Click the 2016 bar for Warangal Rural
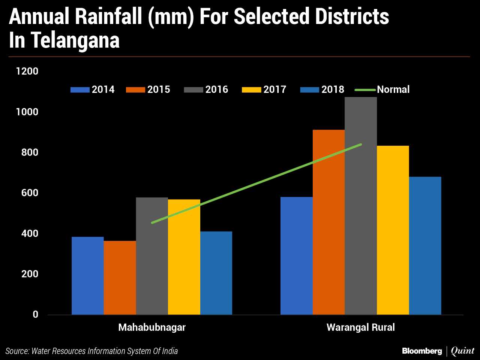pyautogui.click(x=360, y=206)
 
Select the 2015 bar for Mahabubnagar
pyautogui.click(x=120, y=278)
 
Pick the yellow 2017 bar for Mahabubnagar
pyautogui.click(x=184, y=257)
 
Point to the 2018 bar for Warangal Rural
pyautogui.click(x=425, y=246)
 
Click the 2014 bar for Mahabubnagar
pyautogui.click(x=87, y=276)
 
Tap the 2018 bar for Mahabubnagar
pyautogui.click(x=216, y=273)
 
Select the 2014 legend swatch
pyautogui.click(x=80, y=90)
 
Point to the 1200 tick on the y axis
pyautogui.click(x=27, y=71)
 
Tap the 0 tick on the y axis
pyautogui.click(x=35, y=315)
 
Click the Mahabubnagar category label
pyautogui.click(x=152, y=327)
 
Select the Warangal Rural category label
pyautogui.click(x=360, y=327)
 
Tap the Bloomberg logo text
pyautogui.click(x=422, y=351)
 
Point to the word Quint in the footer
pyautogui.click(x=462, y=351)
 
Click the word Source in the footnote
pyautogui.click(x=17, y=351)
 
